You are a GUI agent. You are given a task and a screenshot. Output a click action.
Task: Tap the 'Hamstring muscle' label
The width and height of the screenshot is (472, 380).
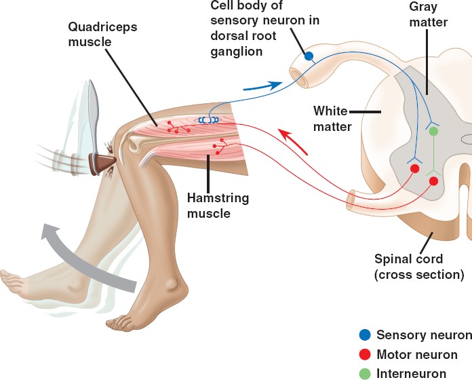click(216, 206)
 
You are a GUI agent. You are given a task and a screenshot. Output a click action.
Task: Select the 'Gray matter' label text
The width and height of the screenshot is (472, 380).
click(429, 14)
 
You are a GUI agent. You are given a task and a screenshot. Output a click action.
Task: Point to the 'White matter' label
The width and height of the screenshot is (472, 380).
click(332, 118)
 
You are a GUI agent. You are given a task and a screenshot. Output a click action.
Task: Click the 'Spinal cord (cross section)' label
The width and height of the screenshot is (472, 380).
click(419, 267)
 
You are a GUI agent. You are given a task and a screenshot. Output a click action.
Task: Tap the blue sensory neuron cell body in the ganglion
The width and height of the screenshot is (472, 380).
click(309, 57)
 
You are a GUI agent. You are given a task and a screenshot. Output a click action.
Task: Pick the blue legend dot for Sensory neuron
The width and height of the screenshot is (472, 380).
click(365, 335)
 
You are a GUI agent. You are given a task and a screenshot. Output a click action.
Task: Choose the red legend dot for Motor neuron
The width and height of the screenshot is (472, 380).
click(365, 354)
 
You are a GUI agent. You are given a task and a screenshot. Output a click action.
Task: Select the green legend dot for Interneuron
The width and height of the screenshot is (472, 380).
click(365, 373)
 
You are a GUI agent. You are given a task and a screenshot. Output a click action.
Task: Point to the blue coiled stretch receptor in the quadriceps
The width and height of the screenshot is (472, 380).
click(208, 120)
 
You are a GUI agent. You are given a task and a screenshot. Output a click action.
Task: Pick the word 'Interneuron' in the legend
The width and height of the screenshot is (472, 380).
click(411, 373)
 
